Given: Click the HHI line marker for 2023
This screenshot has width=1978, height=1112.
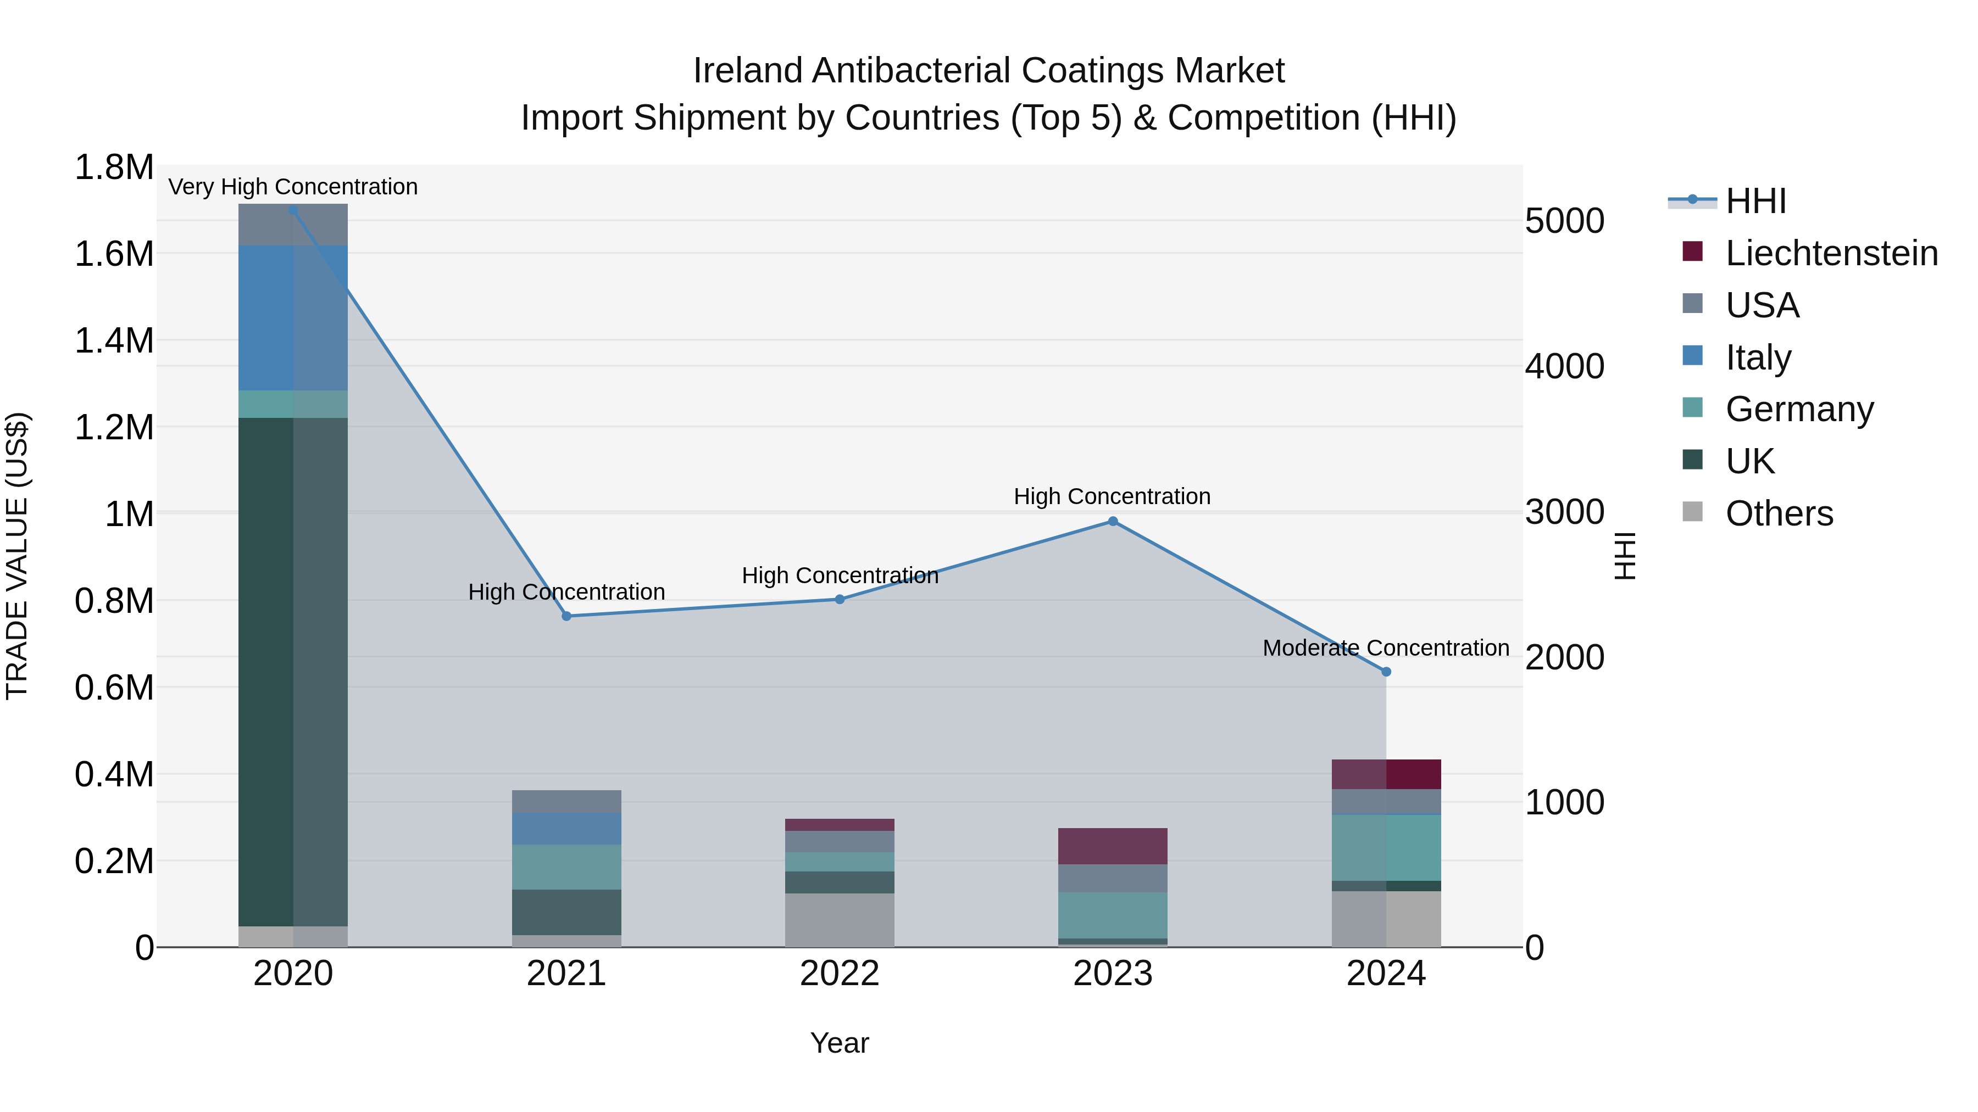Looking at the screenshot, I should pyautogui.click(x=1113, y=522).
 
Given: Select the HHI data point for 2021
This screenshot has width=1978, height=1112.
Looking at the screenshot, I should pyautogui.click(x=566, y=616).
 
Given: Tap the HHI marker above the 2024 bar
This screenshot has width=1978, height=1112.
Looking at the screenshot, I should pyautogui.click(x=1386, y=672).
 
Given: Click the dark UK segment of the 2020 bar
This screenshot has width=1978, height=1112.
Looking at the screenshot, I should pyautogui.click(x=292, y=672).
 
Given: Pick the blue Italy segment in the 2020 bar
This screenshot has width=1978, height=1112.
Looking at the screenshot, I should pyautogui.click(x=292, y=318).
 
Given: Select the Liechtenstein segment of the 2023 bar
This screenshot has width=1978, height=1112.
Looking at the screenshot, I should pyautogui.click(x=1113, y=846).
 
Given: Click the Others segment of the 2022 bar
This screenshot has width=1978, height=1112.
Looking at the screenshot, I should pyautogui.click(x=839, y=920).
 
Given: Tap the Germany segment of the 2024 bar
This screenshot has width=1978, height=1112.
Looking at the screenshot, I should pyautogui.click(x=1386, y=848).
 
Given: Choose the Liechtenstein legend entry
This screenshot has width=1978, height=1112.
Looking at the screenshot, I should pyautogui.click(x=1831, y=253).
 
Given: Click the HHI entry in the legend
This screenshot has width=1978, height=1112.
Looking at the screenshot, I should pyautogui.click(x=1756, y=201).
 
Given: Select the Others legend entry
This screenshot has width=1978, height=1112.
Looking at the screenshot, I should pyautogui.click(x=1779, y=513).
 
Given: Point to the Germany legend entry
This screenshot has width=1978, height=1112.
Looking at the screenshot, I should pyautogui.click(x=1799, y=409).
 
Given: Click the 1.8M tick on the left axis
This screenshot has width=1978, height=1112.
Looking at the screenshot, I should pyautogui.click(x=114, y=167).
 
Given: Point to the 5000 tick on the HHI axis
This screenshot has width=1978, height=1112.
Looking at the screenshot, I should pyautogui.click(x=1564, y=221).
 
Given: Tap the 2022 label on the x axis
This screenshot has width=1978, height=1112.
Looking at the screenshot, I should pyautogui.click(x=839, y=974).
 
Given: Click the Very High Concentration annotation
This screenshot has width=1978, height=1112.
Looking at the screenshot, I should pyautogui.click(x=292, y=187).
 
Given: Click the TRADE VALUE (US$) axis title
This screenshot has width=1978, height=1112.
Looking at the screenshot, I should pyautogui.click(x=17, y=556).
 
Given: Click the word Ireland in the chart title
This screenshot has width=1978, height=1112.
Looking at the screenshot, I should pyautogui.click(x=748, y=71).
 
